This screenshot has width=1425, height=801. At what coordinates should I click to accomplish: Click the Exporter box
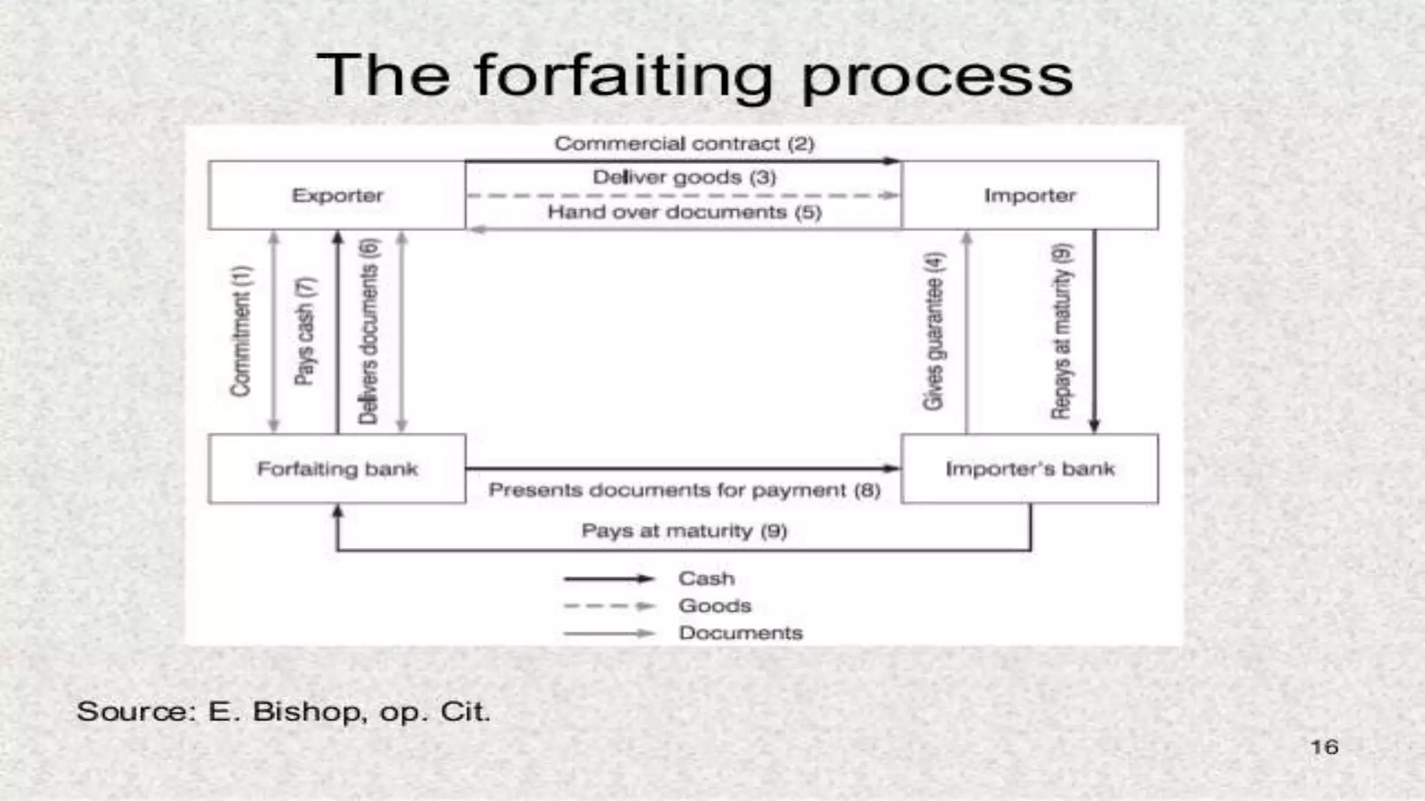coord(337,195)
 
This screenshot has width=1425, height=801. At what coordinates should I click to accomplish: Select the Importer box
coord(1030,195)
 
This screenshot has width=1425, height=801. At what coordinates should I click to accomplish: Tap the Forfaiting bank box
coord(337,469)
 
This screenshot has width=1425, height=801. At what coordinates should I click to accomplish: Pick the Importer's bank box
coord(1030,469)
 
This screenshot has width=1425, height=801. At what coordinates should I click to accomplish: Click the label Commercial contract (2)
coord(684,144)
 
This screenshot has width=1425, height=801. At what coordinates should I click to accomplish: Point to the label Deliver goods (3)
coord(684,177)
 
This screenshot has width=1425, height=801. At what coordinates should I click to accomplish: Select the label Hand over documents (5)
coord(684,212)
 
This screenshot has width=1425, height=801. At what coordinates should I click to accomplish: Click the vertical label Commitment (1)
coord(241,331)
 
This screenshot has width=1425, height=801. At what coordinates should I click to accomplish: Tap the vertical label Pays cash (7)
coord(305,331)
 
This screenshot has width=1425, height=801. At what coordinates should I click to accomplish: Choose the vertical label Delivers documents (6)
coord(368,331)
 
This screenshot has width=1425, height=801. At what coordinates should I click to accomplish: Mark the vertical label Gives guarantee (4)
coord(934,331)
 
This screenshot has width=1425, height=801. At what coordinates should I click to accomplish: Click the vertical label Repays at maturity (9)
coord(1061,331)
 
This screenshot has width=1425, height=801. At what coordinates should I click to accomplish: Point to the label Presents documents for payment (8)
coord(684,490)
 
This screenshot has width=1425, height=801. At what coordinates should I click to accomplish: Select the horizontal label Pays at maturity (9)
coord(684,531)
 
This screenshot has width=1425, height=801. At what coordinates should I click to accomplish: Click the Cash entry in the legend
coord(706,578)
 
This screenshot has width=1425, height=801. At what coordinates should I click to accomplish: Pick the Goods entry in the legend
coord(715,606)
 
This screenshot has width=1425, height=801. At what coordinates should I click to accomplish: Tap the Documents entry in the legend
coord(740,633)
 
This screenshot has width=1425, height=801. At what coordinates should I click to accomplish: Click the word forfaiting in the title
coord(623,76)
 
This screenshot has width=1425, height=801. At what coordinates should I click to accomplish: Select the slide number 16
coord(1324,747)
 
